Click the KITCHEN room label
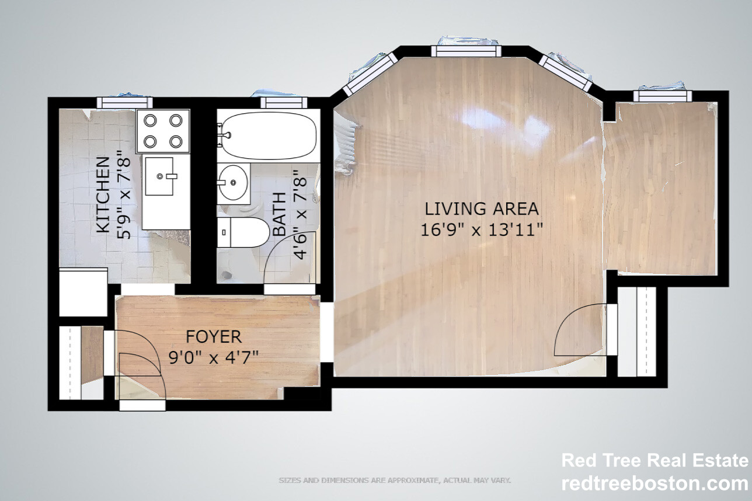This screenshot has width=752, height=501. coord(103,194)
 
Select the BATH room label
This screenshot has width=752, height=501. coord(280,214)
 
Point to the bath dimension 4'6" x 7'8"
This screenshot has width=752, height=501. coord(300,214)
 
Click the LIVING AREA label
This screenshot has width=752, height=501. coord(482,208)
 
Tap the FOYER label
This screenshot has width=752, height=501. coord(214,336)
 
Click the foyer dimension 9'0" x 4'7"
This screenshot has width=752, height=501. coord(214,357)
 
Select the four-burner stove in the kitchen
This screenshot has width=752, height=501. coord(163,131)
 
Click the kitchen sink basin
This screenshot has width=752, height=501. coord(159,176)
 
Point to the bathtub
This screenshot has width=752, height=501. coord(268,135)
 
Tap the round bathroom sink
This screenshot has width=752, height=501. coord(233,183)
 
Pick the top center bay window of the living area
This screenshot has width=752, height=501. coord(466,51)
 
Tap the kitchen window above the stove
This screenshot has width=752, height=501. coord(124,103)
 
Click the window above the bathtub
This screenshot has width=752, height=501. coord(284,103)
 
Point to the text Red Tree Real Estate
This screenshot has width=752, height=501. coord(654,461)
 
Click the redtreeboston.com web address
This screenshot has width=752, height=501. coord(654,483)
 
